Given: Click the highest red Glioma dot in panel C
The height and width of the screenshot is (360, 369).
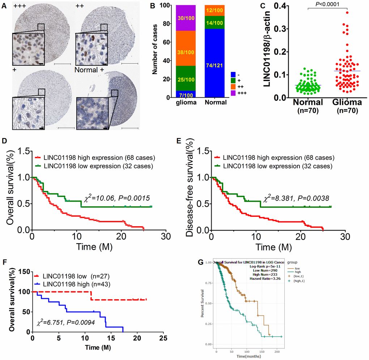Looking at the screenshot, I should click(x=347, y=12).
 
